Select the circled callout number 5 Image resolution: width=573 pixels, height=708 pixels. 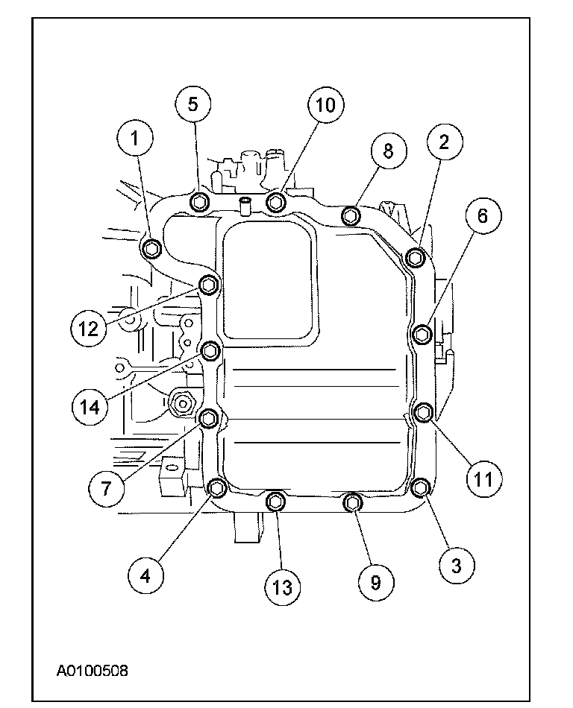[x=193, y=104]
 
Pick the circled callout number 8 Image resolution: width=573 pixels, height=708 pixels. [x=388, y=151]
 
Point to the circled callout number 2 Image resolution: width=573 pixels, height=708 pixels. [x=444, y=142]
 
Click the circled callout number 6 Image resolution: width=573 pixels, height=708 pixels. [x=482, y=217]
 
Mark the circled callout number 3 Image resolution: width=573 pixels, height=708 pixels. [x=456, y=564]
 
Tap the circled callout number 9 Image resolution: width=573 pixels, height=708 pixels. [x=375, y=581]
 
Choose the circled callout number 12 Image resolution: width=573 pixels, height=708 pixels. [x=90, y=328]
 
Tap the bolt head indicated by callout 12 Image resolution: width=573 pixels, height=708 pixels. [x=209, y=284]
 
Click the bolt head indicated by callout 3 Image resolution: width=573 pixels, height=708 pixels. [x=420, y=488]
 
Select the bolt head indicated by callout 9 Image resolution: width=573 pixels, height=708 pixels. [x=351, y=504]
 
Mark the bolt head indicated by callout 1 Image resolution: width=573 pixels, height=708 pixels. [x=151, y=248]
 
